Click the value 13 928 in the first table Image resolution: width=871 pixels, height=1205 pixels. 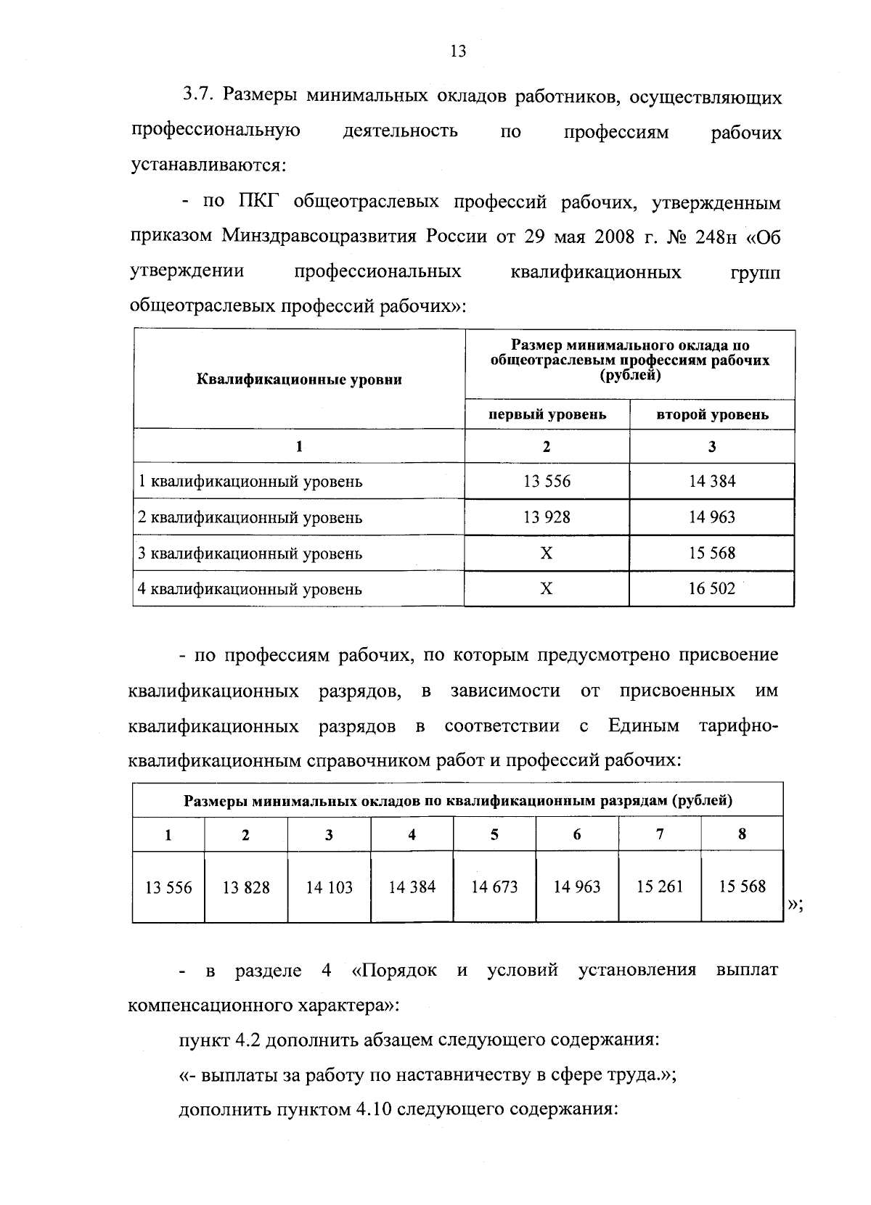point(547,517)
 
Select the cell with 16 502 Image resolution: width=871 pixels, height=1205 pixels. point(712,588)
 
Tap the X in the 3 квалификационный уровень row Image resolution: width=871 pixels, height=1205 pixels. point(547,554)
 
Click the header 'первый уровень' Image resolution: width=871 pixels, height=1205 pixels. point(547,415)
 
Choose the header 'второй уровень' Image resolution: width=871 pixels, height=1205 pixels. point(712,415)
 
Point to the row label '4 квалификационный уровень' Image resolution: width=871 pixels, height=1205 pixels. point(250,589)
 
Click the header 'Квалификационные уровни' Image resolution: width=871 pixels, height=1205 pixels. point(299,379)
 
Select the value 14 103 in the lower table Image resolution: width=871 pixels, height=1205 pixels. point(329,887)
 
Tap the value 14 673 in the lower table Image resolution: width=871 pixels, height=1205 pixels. point(494,887)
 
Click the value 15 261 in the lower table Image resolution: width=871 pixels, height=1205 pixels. point(659,887)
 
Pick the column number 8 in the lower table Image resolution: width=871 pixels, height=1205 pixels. point(742,834)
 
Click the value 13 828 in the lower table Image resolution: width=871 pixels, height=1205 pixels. point(246,887)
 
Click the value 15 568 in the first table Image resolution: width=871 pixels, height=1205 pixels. point(712,553)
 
